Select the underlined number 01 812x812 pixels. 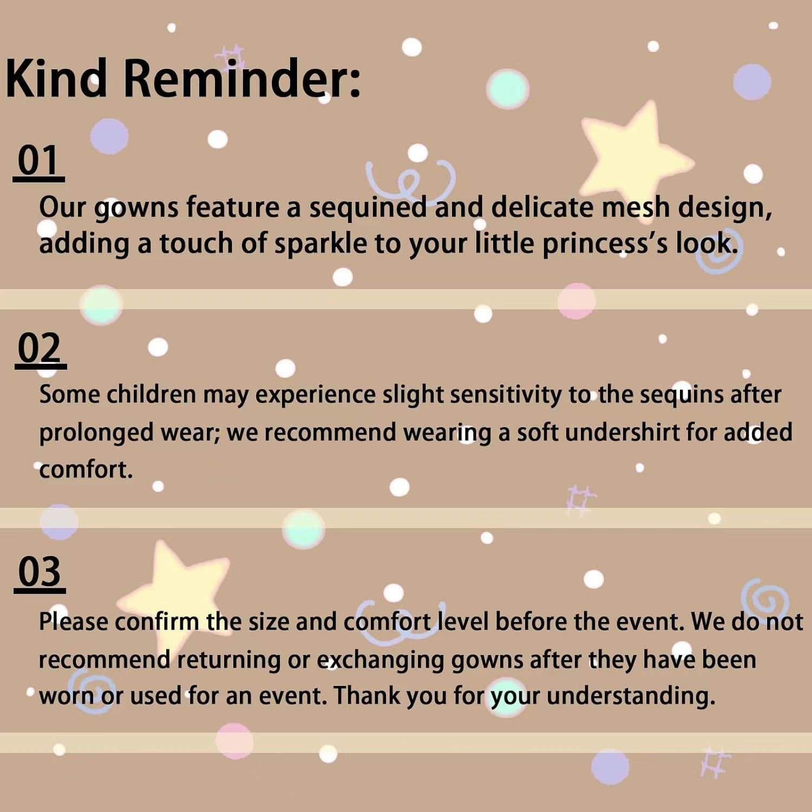click(38, 161)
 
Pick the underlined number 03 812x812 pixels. click(40, 572)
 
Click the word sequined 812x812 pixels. click(368, 208)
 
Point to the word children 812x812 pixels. click(151, 395)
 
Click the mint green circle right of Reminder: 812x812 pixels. click(507, 89)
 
